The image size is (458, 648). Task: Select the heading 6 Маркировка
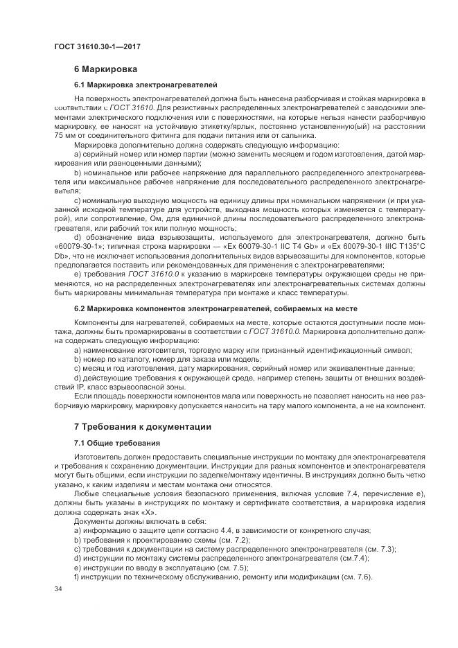(105, 69)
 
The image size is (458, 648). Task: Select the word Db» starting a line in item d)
(60, 254)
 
